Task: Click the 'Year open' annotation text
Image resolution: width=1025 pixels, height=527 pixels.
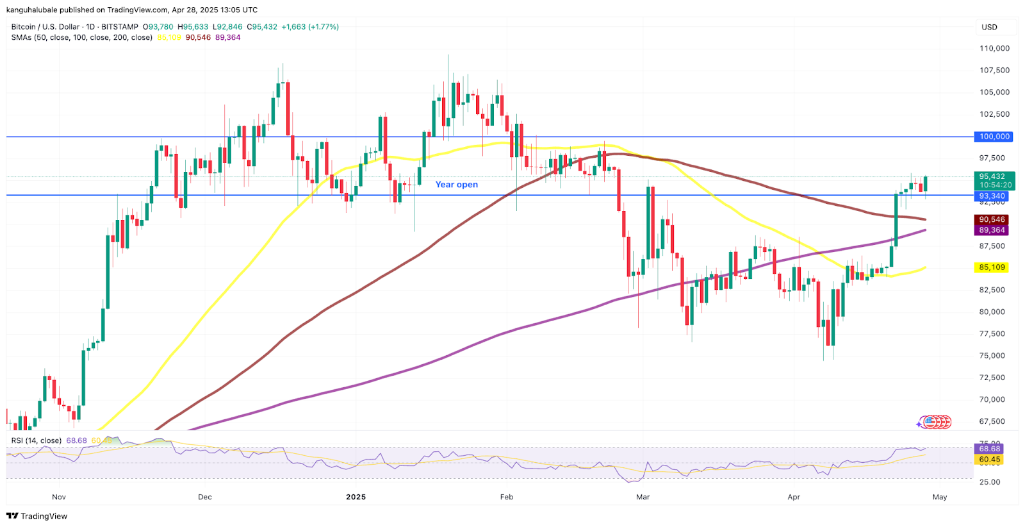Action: (x=456, y=185)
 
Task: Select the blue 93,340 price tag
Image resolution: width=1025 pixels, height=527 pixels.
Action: (x=992, y=196)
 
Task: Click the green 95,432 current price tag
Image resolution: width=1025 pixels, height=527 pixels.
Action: (x=992, y=177)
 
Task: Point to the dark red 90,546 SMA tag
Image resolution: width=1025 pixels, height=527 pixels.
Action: (x=992, y=219)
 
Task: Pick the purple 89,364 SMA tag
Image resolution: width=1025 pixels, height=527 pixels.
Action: (x=992, y=230)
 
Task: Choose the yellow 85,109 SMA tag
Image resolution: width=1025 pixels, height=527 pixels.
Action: (x=992, y=267)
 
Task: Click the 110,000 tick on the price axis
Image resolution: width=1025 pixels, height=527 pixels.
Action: (x=994, y=48)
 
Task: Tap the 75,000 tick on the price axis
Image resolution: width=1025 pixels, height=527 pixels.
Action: (x=992, y=356)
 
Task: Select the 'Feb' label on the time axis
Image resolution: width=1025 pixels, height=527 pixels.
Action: (x=507, y=497)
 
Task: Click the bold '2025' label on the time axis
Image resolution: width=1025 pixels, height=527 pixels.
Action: (x=356, y=497)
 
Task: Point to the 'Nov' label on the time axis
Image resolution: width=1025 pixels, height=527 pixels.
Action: (x=59, y=497)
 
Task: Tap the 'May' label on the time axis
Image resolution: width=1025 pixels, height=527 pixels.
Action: (x=940, y=497)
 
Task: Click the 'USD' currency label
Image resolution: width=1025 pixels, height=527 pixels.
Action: (x=990, y=27)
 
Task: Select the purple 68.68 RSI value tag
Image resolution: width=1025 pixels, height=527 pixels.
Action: (x=990, y=449)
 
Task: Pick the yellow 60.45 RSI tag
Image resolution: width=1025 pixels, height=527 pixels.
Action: (x=990, y=460)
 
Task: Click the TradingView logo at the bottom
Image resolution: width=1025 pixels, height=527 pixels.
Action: (x=37, y=516)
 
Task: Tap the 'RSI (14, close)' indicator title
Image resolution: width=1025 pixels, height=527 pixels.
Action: (x=37, y=440)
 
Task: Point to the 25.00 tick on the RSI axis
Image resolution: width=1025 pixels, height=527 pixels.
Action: (x=990, y=482)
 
